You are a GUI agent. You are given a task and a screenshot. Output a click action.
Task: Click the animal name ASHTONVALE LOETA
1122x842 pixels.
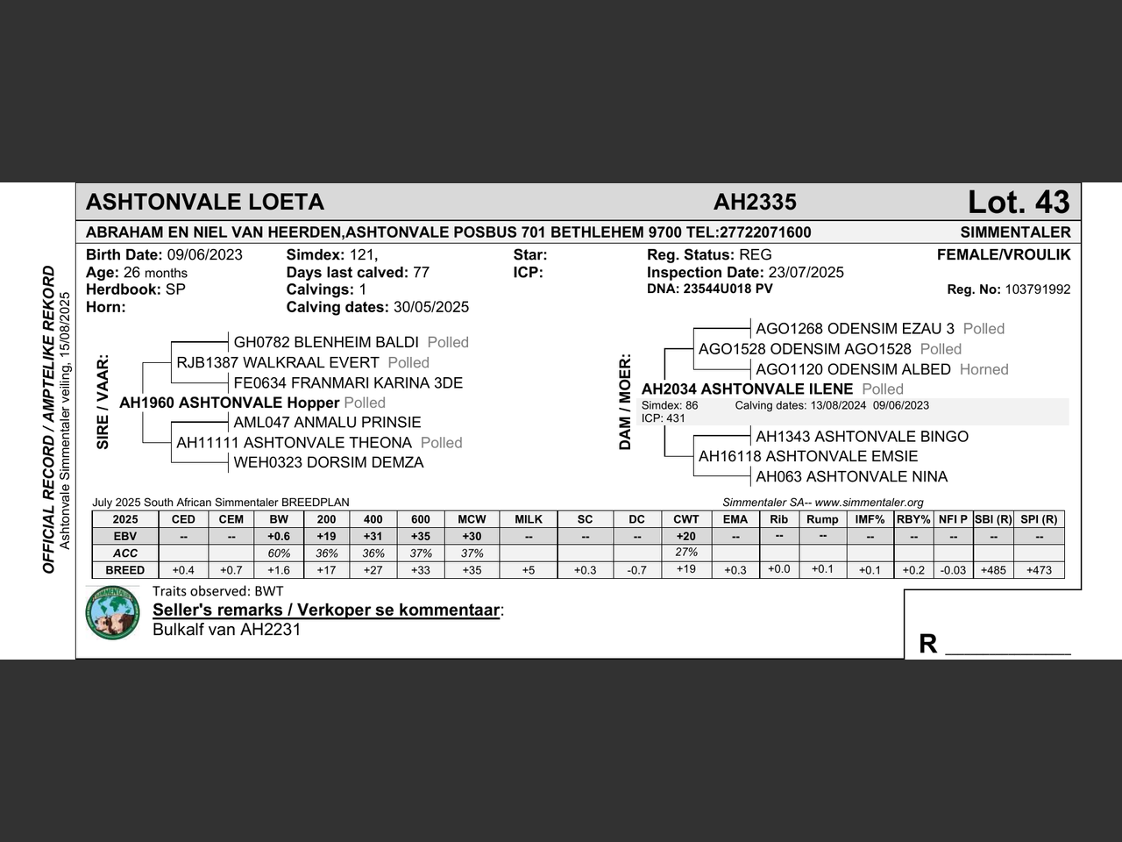[205, 202]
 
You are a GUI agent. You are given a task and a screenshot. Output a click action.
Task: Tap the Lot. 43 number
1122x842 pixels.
[1019, 202]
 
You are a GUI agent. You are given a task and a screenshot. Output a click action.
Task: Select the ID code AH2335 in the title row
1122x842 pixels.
[755, 202]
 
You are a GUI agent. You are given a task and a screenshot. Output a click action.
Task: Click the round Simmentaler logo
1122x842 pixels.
[113, 613]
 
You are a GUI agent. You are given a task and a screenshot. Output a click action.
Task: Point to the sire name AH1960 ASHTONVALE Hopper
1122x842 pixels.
[229, 403]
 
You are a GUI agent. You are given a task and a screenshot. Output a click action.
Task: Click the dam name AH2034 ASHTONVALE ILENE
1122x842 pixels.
[747, 389]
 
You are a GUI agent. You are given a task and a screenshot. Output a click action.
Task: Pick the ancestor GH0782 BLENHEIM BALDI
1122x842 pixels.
[326, 342]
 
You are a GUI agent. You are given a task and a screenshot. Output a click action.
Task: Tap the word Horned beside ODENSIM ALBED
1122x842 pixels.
[984, 369]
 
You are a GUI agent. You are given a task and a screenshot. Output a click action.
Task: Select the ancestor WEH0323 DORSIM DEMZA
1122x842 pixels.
[329, 462]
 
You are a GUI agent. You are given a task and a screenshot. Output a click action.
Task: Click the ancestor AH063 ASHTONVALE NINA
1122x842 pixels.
[851, 476]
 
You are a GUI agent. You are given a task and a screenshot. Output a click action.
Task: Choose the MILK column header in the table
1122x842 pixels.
[529, 519]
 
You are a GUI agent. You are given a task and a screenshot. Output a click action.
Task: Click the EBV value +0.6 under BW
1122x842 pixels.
[279, 536]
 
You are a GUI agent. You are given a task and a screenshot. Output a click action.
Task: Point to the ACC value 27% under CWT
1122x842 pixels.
[686, 553]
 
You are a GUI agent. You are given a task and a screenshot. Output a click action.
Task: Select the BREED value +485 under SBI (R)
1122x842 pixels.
[993, 570]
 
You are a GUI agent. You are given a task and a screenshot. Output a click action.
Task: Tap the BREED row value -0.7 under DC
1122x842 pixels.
[637, 570]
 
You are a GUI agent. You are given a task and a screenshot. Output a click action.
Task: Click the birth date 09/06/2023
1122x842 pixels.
[204, 255]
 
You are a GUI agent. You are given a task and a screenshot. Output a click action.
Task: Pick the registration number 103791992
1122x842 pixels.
[1037, 289]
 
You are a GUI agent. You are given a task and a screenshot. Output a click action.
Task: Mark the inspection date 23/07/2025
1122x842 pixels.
[806, 272]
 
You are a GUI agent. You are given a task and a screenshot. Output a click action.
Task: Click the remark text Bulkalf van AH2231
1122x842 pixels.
[226, 629]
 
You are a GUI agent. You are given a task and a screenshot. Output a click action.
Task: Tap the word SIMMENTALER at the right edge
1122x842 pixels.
[1015, 232]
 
